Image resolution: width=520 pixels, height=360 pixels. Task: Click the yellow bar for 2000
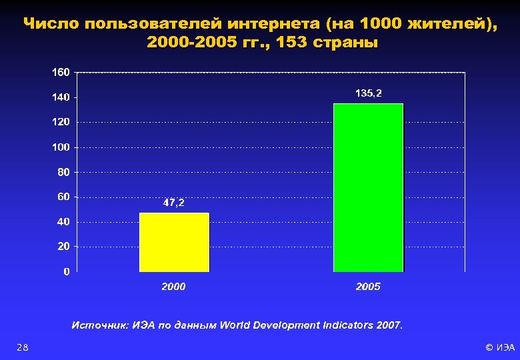(174, 242)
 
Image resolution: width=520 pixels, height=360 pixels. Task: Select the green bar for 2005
(368, 187)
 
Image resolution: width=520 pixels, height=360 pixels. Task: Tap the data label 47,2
(174, 203)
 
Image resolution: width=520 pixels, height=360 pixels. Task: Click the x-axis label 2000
(174, 287)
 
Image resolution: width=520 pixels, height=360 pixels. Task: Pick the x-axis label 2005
(368, 287)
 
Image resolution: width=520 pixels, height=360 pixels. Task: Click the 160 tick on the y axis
(61, 72)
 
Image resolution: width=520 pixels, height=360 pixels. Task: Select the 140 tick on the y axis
(61, 97)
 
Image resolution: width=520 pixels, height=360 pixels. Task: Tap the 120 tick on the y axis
(61, 122)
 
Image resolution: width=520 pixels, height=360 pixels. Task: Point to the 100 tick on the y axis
(61, 147)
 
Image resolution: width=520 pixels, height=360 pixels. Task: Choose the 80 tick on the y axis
(64, 172)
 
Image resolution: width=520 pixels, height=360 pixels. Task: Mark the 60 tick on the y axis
(64, 197)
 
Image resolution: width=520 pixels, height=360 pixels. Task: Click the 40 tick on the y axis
(64, 221)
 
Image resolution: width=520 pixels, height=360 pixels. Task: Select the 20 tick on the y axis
(64, 247)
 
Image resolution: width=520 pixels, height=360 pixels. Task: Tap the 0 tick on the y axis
(67, 271)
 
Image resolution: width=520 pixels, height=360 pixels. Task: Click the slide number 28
(23, 347)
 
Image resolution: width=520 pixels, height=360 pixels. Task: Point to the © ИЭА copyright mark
(500, 347)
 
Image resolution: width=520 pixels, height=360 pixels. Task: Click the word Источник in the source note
(94, 325)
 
